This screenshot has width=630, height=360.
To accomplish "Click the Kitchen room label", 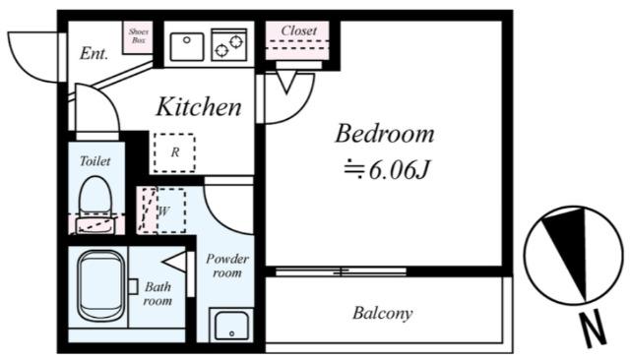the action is (x=199, y=107).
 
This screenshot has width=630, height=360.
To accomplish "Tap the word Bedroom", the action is (x=385, y=134).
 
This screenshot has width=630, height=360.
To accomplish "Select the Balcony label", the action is (x=383, y=313).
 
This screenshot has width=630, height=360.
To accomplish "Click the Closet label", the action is (x=298, y=30).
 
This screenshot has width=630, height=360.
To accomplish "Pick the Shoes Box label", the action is (x=138, y=35).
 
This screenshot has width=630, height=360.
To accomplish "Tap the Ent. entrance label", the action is (x=94, y=53).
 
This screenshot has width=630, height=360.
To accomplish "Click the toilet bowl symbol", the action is (x=95, y=204).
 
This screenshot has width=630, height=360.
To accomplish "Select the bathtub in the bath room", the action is (x=100, y=286).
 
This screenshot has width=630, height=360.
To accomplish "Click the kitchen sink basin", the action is (x=187, y=46).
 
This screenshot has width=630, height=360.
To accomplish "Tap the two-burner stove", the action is (x=229, y=44).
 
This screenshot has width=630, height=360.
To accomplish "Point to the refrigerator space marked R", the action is (x=174, y=152).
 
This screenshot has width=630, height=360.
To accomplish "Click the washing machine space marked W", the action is (x=170, y=210).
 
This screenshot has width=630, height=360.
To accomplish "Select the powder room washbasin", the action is (x=231, y=326).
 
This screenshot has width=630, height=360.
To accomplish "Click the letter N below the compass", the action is (x=592, y=329).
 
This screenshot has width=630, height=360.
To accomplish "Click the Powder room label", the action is (x=227, y=266).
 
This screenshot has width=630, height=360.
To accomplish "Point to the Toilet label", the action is (x=94, y=161).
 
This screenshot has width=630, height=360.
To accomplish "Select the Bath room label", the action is (x=157, y=294).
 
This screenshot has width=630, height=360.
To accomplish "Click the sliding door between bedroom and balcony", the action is (x=341, y=271).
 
